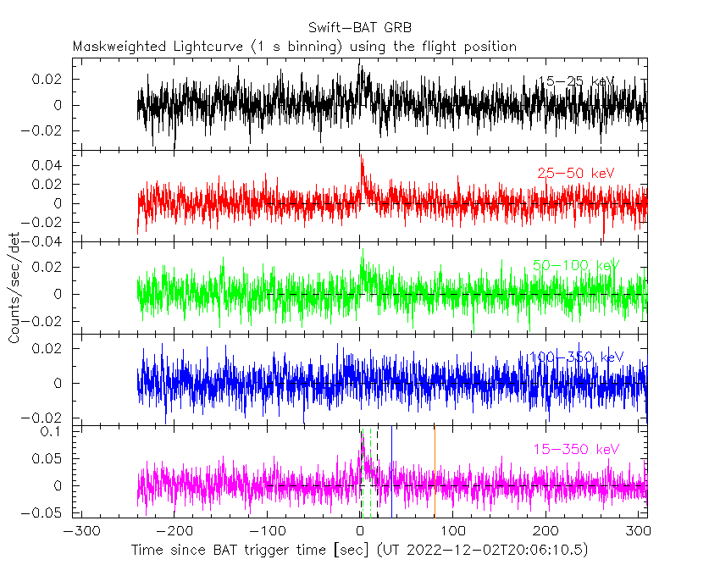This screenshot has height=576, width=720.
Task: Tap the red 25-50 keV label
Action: [x=576, y=173]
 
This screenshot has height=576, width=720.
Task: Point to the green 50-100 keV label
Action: [x=576, y=265]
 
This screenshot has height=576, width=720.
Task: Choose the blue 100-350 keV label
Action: [x=576, y=357]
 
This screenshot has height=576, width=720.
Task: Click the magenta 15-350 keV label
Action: [x=576, y=448]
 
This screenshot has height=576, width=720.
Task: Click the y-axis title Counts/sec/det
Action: [x=14, y=289]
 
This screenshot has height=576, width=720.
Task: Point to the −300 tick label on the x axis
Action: [x=78, y=531]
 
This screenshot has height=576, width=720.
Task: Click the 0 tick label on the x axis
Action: [x=361, y=531]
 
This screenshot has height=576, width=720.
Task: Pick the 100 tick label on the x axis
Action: [x=454, y=531]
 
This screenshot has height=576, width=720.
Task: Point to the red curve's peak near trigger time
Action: [x=361, y=158]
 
